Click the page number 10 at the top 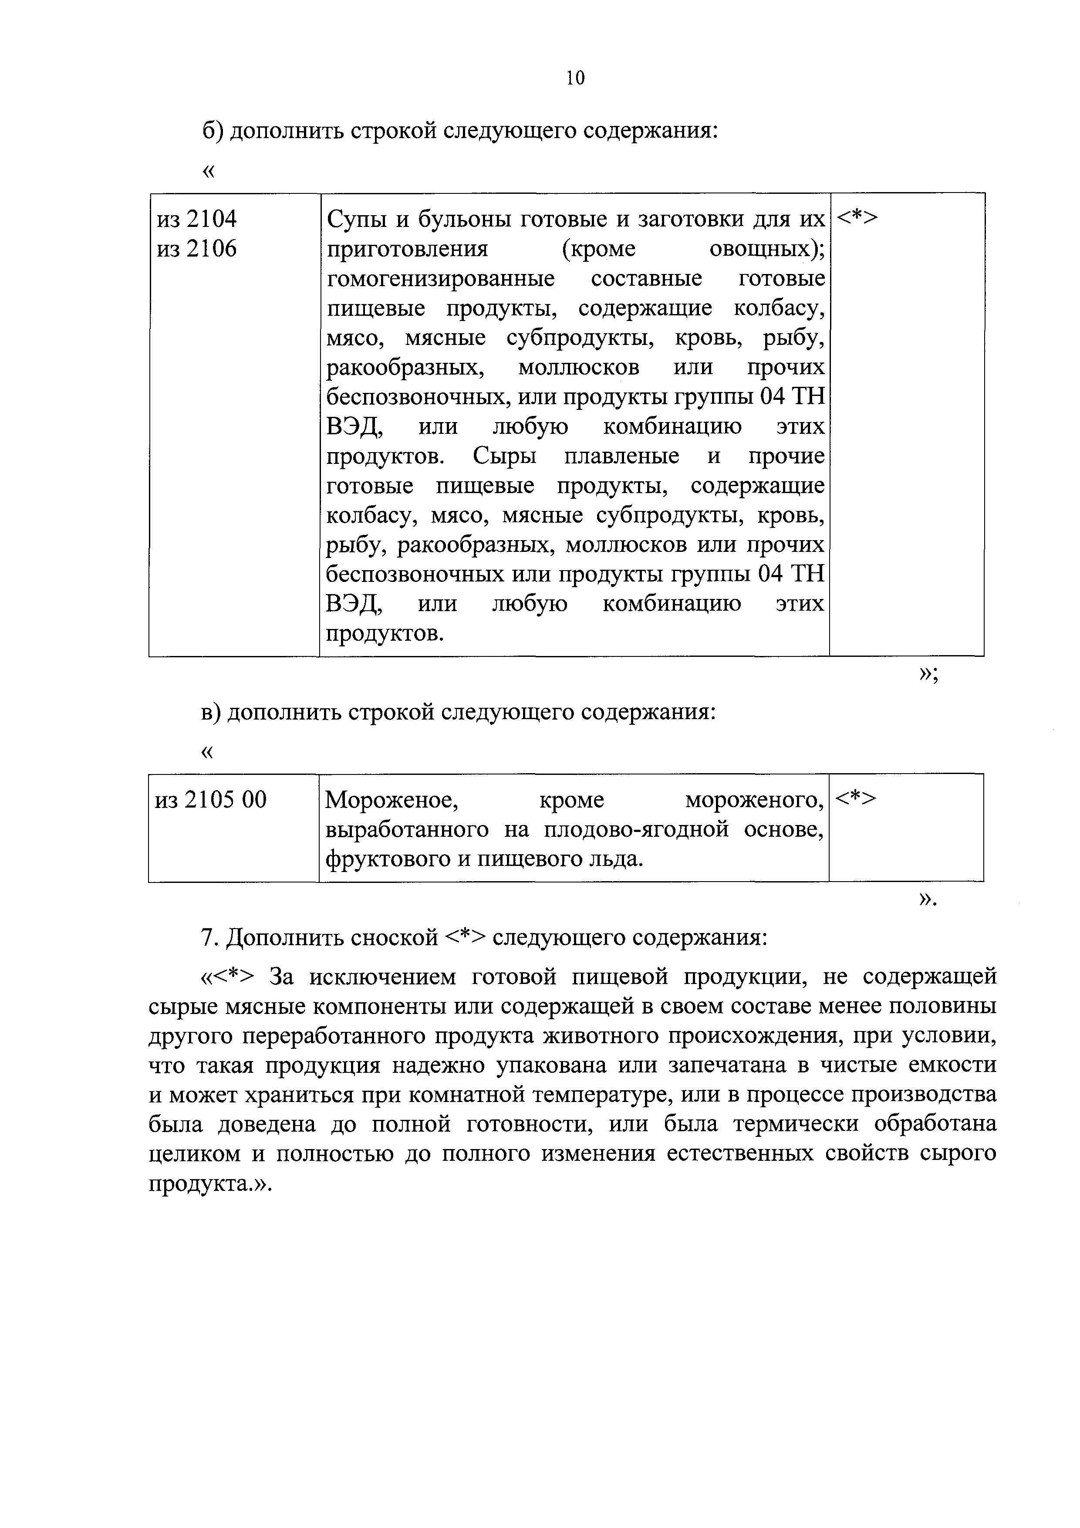click(x=575, y=78)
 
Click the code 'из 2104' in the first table click(x=196, y=219)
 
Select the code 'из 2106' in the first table click(x=196, y=249)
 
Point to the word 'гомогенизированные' click(x=441, y=278)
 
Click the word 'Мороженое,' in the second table click(x=391, y=799)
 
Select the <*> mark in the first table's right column click(x=857, y=218)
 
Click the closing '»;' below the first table click(x=928, y=674)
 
